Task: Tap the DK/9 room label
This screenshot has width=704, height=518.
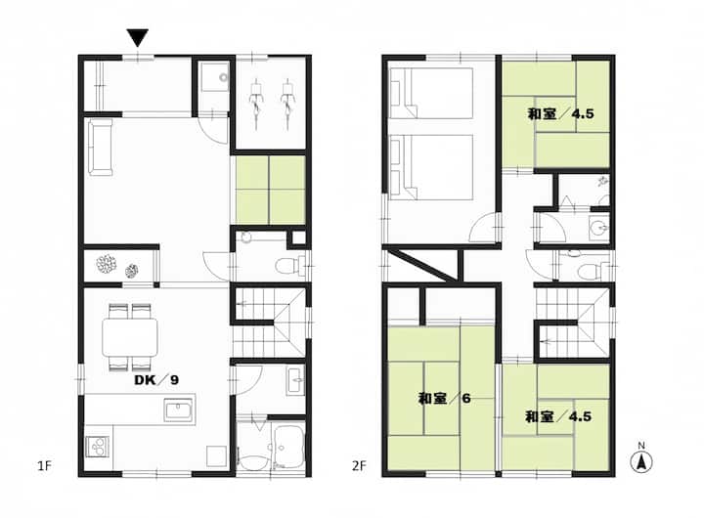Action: click(x=156, y=380)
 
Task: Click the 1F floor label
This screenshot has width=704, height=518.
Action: click(x=44, y=466)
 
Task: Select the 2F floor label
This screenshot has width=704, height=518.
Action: click(x=359, y=466)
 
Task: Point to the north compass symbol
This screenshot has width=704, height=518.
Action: click(x=641, y=459)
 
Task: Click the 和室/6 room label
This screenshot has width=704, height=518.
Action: click(x=445, y=398)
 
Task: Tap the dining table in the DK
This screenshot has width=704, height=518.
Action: click(x=130, y=337)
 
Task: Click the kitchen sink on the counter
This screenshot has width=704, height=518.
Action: click(x=178, y=412)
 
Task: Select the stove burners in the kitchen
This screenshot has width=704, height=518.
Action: click(x=98, y=447)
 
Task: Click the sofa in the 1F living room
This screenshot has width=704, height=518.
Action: click(x=100, y=148)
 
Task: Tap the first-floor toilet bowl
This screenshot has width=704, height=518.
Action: click(x=286, y=265)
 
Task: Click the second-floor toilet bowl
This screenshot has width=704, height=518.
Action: click(x=590, y=271)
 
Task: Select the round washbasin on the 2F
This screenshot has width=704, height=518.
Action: click(x=597, y=226)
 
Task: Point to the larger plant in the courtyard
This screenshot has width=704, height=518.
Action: click(x=107, y=264)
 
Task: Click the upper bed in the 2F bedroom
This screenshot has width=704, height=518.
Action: click(x=431, y=94)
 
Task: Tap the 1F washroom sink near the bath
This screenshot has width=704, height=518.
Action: click(x=296, y=380)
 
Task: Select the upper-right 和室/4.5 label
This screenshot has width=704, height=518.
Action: click(x=560, y=114)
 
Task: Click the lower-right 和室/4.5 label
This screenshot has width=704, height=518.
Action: click(x=558, y=417)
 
